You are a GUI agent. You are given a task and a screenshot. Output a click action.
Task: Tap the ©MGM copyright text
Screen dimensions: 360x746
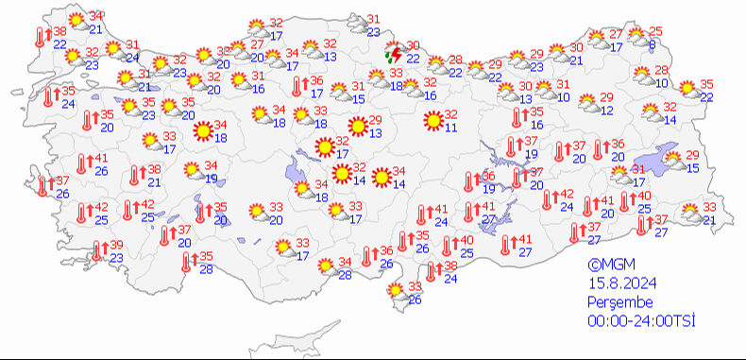pos(607,266)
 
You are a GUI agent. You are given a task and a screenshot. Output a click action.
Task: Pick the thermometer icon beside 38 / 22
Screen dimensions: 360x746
pos(40,37)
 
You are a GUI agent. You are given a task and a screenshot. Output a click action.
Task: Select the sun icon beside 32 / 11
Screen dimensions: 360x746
pos(433,120)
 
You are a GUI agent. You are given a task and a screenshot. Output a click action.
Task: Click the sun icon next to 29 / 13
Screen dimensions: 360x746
pos(357,126)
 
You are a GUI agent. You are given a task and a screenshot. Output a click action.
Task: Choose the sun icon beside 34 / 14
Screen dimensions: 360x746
pos(381,176)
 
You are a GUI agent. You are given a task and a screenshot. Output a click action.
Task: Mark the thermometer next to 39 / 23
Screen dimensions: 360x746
pos(97,251)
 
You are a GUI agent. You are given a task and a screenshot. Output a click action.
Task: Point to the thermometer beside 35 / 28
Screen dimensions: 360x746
pos(186,262)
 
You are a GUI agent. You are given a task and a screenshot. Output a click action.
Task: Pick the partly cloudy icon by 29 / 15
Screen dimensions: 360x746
pos(673,160)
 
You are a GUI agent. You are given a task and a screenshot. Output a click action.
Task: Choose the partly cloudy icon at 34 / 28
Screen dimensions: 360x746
pos(326,267)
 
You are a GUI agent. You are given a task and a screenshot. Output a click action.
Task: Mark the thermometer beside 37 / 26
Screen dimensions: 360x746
pos(42,186)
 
